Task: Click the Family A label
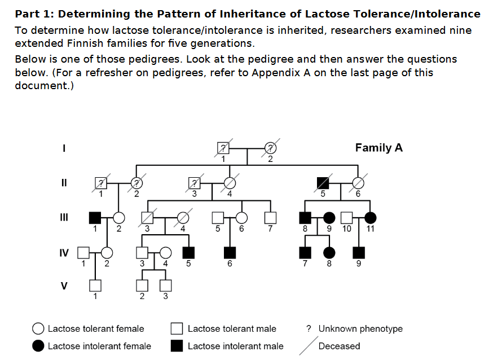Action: (x=379, y=148)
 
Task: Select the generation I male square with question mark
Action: (x=223, y=148)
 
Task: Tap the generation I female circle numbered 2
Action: (x=270, y=148)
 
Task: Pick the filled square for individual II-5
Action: (x=323, y=183)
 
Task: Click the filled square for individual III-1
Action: (x=95, y=218)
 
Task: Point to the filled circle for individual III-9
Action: (x=329, y=218)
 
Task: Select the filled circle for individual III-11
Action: (x=370, y=218)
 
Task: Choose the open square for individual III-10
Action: (x=347, y=218)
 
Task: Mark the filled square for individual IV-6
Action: (x=230, y=253)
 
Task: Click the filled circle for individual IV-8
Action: (x=329, y=253)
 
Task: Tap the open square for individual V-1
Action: (x=95, y=286)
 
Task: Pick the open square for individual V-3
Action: (x=166, y=286)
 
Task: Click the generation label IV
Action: (x=64, y=253)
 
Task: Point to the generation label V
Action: (x=64, y=286)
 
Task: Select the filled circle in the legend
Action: (x=38, y=346)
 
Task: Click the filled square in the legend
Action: (x=177, y=346)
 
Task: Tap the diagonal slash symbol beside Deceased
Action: (x=309, y=346)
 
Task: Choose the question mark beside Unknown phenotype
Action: (x=309, y=328)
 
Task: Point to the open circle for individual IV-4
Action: (x=166, y=253)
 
